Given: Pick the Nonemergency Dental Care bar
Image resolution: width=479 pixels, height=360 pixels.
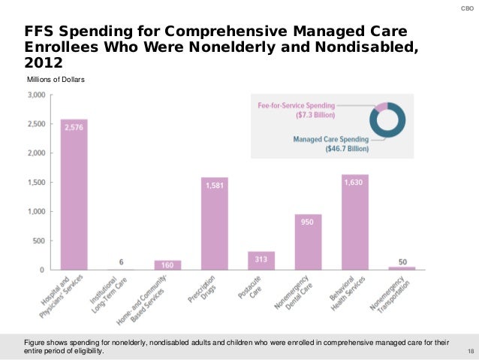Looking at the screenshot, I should [308, 241].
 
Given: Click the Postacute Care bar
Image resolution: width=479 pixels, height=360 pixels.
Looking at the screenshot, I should [261, 260].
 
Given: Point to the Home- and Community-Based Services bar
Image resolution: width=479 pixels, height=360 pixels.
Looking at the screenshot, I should [167, 265].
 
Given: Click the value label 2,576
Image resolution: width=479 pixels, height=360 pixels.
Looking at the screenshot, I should [74, 128].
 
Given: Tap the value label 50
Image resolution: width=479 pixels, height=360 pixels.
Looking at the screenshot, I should [402, 262].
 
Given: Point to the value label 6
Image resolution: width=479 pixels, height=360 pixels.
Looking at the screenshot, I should [121, 262].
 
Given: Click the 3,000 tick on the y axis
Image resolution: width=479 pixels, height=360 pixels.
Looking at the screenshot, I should [36, 95].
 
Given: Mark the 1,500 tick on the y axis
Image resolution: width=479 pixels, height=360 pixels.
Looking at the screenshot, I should [36, 183].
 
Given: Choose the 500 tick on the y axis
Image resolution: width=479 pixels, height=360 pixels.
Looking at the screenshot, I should [38, 241].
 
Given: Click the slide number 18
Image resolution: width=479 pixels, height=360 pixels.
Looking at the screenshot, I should [470, 352].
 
